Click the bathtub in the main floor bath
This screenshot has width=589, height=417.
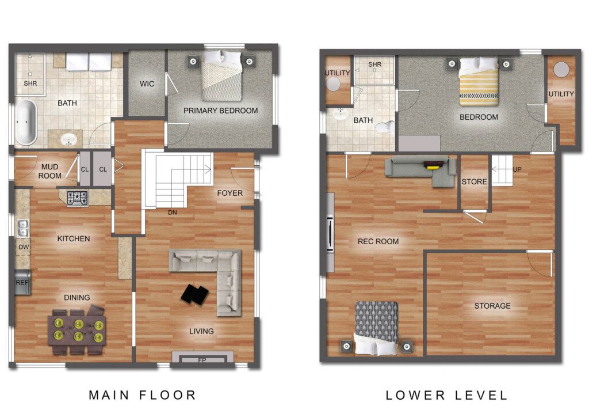coord(25,122)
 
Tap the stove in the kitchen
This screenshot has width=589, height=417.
coord(78,198)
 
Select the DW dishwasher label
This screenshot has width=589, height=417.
coord(24,247)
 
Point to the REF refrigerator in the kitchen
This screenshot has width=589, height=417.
coord(22,282)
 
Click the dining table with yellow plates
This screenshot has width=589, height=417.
coord(77,330)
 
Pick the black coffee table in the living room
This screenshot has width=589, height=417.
coord(194,294)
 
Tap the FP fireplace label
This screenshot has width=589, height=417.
coord(202,360)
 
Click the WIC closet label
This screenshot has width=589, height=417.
coord(147,84)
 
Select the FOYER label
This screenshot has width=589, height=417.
coord(230,193)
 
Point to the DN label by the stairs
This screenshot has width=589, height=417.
coord(173,213)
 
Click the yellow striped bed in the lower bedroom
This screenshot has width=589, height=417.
coord(479,81)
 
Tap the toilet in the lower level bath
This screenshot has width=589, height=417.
coord(386,128)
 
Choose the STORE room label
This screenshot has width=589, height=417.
coord(474,181)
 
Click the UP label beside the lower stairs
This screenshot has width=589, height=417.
coord(517,169)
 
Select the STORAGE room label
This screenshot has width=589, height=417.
coord(492,306)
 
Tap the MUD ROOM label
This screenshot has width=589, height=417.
coord(49,171)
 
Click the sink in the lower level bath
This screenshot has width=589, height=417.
coord(341,115)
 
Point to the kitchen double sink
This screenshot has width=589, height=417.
coord(23,228)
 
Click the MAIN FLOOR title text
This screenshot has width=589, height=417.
coord(143,395)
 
